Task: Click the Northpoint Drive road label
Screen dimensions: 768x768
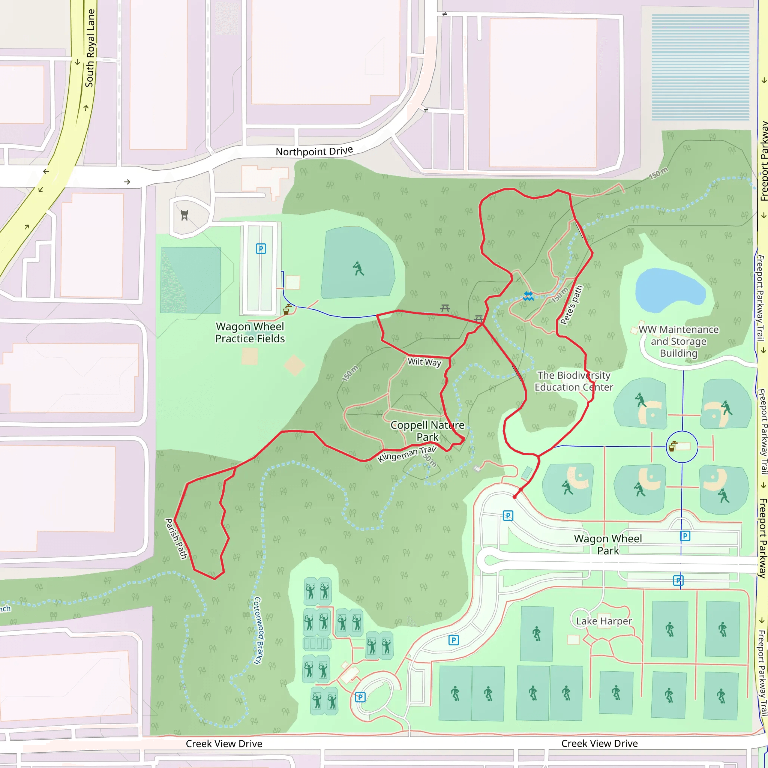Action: (314, 151)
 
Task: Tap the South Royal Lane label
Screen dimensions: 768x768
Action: (90, 48)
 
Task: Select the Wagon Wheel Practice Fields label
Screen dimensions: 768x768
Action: (250, 332)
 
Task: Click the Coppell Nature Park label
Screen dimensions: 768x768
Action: (427, 431)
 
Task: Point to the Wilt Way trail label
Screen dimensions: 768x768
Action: (424, 362)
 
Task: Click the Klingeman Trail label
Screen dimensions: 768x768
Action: (406, 454)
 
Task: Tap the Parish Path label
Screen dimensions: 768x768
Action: (176, 538)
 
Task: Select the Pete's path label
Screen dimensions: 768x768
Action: (571, 305)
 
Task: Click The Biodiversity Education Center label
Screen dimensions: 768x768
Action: (574, 381)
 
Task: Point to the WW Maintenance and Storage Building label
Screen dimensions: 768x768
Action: (678, 342)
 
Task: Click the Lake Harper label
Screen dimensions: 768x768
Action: (604, 621)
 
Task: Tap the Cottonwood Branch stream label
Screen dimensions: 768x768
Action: (258, 630)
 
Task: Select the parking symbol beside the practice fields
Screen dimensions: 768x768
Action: (261, 249)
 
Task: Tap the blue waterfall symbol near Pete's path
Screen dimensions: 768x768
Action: (528, 296)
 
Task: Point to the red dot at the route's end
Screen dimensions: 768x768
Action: (515, 497)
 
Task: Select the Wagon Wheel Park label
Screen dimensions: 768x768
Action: (608, 544)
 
